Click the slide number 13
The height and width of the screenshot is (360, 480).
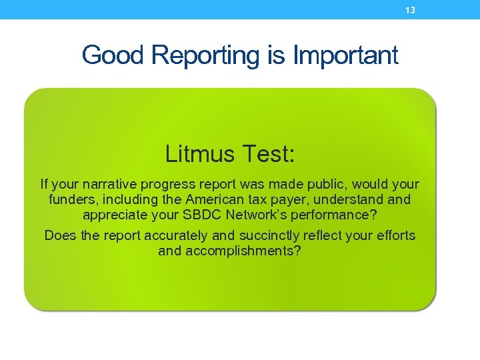click(410, 10)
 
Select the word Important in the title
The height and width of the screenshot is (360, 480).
click(345, 55)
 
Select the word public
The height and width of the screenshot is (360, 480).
click(322, 184)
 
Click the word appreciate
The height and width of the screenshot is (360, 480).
click(115, 215)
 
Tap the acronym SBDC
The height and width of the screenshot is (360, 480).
click(201, 215)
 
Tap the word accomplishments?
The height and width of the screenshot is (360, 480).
click(241, 251)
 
